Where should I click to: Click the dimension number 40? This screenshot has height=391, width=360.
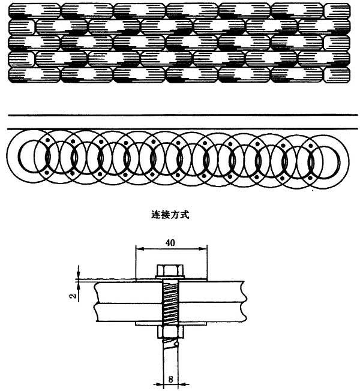coord(170,242)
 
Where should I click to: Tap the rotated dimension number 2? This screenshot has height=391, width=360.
coord(73,296)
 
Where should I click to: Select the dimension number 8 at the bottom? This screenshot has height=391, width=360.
coord(170,379)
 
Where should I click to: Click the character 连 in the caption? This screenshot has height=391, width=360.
coord(156,215)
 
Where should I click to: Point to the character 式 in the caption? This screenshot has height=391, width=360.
coord(185,215)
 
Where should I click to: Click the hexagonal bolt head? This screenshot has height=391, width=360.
coord(170,270)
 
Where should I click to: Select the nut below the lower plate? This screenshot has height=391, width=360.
coord(170,332)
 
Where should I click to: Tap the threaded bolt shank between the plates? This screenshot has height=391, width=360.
coord(170,303)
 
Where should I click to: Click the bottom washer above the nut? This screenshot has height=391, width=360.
coord(171,324)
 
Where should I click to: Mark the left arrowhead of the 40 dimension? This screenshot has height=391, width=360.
coord(140,249)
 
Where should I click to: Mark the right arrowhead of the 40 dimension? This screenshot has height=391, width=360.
coord(203,249)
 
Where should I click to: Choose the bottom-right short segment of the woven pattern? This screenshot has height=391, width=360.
coord(337,75)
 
